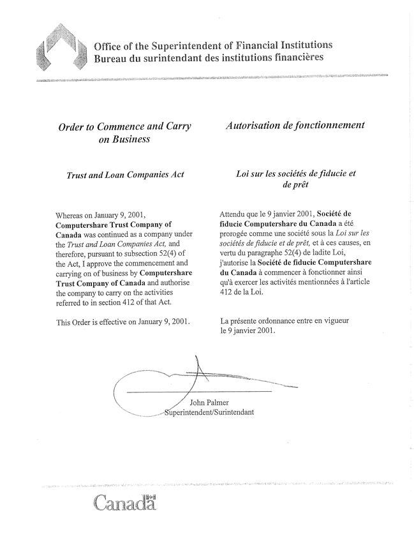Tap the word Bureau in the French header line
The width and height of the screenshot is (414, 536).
(110, 57)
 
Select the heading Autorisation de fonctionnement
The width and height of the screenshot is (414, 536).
(295, 125)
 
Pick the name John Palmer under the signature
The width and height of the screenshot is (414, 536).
(209, 402)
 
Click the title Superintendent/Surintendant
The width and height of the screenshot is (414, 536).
(209, 412)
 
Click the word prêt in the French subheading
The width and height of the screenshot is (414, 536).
(295, 184)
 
